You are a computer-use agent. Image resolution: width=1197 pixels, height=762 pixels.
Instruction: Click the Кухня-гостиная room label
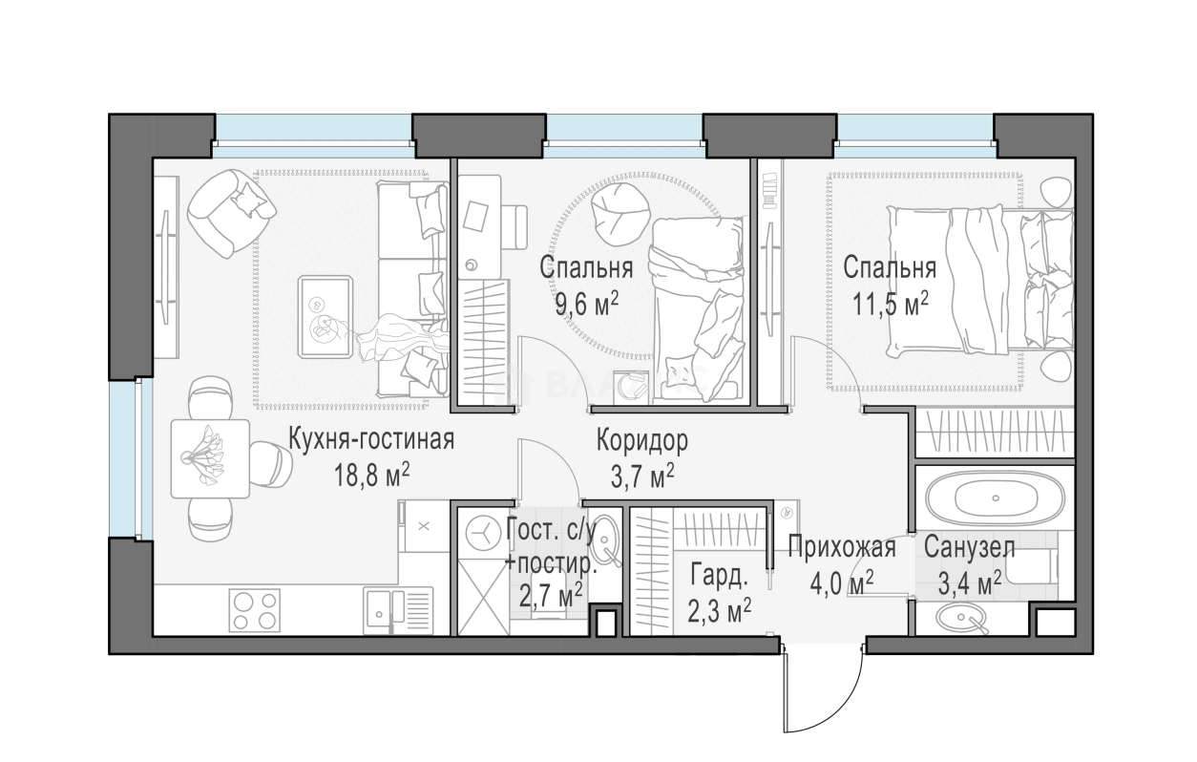(371, 439)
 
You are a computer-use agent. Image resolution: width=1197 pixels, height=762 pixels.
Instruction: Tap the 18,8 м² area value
(372, 475)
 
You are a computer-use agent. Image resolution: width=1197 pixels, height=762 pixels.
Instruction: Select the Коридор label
(642, 440)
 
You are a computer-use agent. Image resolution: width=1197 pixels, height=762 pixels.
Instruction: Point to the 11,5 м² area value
(891, 305)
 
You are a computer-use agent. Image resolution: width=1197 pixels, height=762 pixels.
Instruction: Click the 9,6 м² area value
(587, 305)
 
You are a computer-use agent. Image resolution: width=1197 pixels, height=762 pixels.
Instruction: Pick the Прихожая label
(842, 548)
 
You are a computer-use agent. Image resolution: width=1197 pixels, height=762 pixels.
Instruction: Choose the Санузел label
(970, 547)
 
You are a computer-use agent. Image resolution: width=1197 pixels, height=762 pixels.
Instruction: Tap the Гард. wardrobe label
(720, 576)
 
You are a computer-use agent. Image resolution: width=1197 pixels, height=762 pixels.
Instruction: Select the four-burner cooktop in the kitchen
(254, 608)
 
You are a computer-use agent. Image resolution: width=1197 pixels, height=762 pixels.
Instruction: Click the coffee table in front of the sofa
(325, 317)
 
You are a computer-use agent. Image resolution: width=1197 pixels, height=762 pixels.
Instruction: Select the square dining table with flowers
(210, 458)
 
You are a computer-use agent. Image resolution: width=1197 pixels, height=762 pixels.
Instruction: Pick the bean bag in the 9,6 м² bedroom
(619, 214)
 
